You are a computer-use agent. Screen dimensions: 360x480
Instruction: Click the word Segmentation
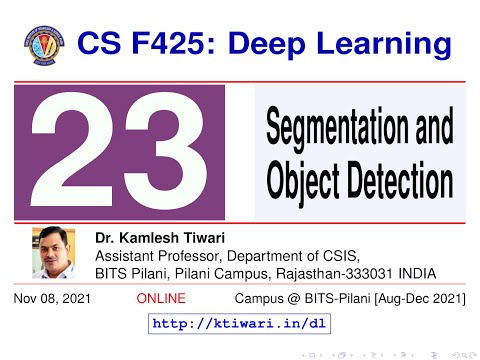(359, 129)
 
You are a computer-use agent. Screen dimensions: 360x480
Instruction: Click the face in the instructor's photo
(55, 250)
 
